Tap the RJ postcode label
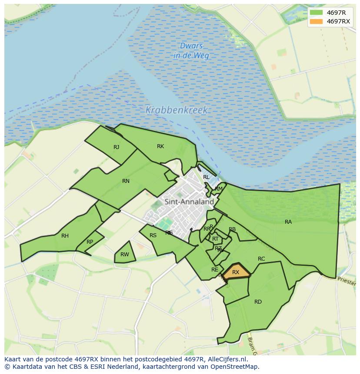pyautogui.click(x=116, y=147)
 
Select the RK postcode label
pyautogui.click(x=160, y=146)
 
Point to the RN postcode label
pyautogui.click(x=126, y=181)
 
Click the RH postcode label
pyautogui.click(x=65, y=236)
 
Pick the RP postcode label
pyautogui.click(x=90, y=242)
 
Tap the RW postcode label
pyautogui.click(x=125, y=255)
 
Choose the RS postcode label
pyautogui.click(x=153, y=235)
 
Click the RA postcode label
pyautogui.click(x=288, y=222)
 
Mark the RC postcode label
pyautogui.click(x=261, y=259)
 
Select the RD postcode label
pyautogui.click(x=258, y=302)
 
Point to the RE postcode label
pyautogui.click(x=214, y=270)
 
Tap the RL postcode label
pyautogui.click(x=206, y=177)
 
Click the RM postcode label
pyautogui.click(x=219, y=189)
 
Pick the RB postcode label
pyautogui.click(x=232, y=229)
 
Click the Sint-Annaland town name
pyautogui.click(x=189, y=202)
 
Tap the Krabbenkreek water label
pyautogui.click(x=177, y=110)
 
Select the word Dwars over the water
pyautogui.click(x=191, y=46)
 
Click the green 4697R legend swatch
pyautogui.click(x=317, y=13)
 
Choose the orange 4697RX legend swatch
pyautogui.click(x=317, y=21)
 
